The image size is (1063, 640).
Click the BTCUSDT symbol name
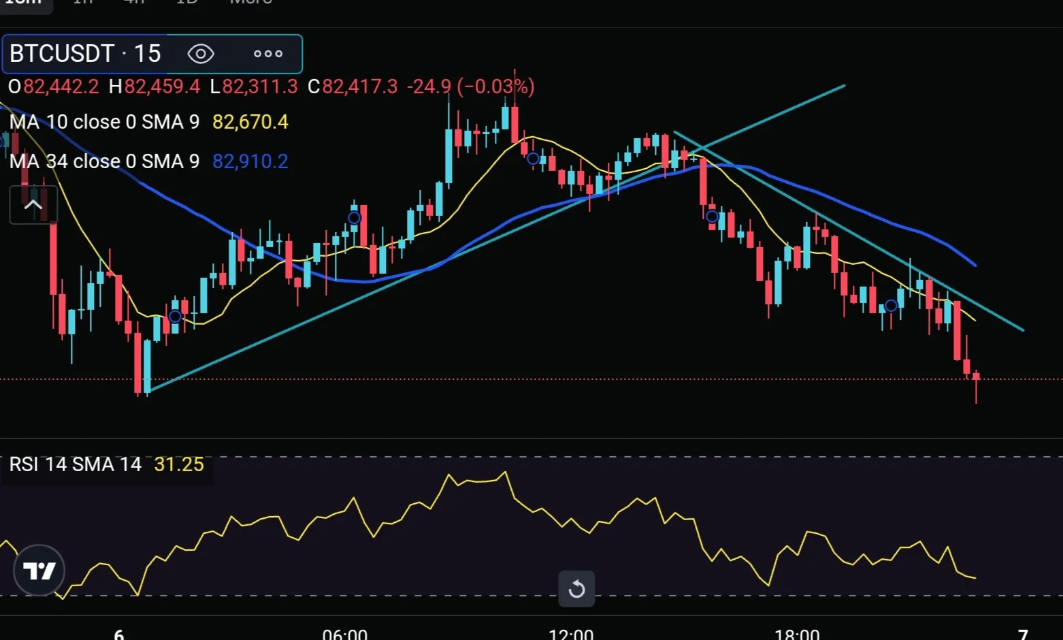[x=62, y=53]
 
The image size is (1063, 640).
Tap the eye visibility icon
[x=201, y=54]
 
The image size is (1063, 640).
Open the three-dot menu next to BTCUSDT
[x=267, y=54]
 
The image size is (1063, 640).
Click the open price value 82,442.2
[x=61, y=86]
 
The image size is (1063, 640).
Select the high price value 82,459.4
[x=162, y=86]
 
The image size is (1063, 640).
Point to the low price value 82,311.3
[x=260, y=86]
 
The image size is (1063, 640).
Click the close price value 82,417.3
[x=359, y=86]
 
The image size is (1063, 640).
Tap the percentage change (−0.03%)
[x=495, y=86]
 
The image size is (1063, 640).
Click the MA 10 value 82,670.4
[x=250, y=122]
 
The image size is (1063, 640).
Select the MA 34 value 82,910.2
[x=250, y=161]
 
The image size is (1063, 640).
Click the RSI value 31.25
[x=179, y=464]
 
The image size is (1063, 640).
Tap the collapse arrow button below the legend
[x=33, y=205]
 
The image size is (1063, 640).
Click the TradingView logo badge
[x=39, y=571]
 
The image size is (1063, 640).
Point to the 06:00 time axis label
[x=344, y=634]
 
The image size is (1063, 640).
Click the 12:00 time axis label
[x=570, y=634]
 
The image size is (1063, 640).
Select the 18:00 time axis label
[x=796, y=634]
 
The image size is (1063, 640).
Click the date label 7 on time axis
[x=1022, y=634]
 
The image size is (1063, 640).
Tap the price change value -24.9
[x=429, y=86]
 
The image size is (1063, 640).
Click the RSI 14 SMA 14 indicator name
[x=75, y=464]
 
